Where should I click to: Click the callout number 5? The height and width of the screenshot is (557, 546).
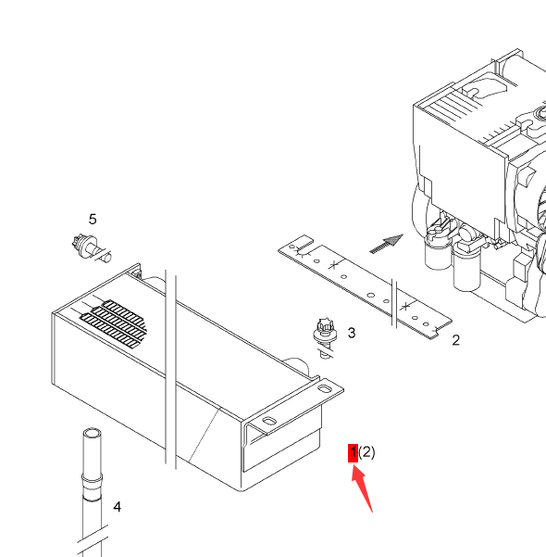click(x=93, y=219)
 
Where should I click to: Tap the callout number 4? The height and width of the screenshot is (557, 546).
click(x=118, y=507)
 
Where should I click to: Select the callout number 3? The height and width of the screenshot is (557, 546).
click(x=352, y=333)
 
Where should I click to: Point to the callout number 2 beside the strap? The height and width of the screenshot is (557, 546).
click(x=456, y=340)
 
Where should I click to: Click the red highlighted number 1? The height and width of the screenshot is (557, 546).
click(x=353, y=453)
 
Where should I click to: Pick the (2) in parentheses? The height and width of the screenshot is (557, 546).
click(x=366, y=452)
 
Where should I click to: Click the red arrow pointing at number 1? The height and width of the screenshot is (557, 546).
click(x=362, y=489)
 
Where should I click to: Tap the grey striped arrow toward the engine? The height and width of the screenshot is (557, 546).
click(x=386, y=244)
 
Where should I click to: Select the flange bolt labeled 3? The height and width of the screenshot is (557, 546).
click(x=325, y=338)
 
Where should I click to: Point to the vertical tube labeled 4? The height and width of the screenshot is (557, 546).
click(x=92, y=492)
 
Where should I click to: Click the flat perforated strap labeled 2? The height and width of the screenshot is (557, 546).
click(x=365, y=287)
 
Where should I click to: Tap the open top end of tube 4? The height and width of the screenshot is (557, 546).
click(x=92, y=434)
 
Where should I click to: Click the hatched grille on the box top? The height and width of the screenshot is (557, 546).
click(x=114, y=323)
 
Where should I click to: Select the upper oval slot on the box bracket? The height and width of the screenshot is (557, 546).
click(x=324, y=388)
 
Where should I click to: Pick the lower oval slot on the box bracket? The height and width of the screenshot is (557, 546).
click(x=269, y=421)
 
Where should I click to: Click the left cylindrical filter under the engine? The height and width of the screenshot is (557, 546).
click(x=438, y=248)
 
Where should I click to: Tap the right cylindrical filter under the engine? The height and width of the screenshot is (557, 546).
click(x=466, y=262)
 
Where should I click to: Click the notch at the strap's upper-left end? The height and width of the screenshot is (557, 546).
click(x=305, y=242)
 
